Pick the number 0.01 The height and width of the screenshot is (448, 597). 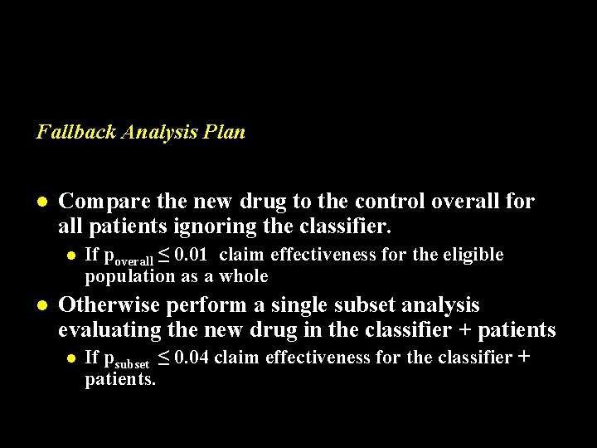click(x=192, y=255)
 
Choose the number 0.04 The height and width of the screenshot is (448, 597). click(x=192, y=358)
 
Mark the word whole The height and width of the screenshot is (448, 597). click(x=245, y=275)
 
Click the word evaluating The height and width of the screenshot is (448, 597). click(x=109, y=330)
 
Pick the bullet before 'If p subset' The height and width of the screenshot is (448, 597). click(x=71, y=358)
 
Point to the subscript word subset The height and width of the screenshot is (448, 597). click(x=132, y=363)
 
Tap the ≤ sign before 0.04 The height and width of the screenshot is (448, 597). click(x=165, y=358)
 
